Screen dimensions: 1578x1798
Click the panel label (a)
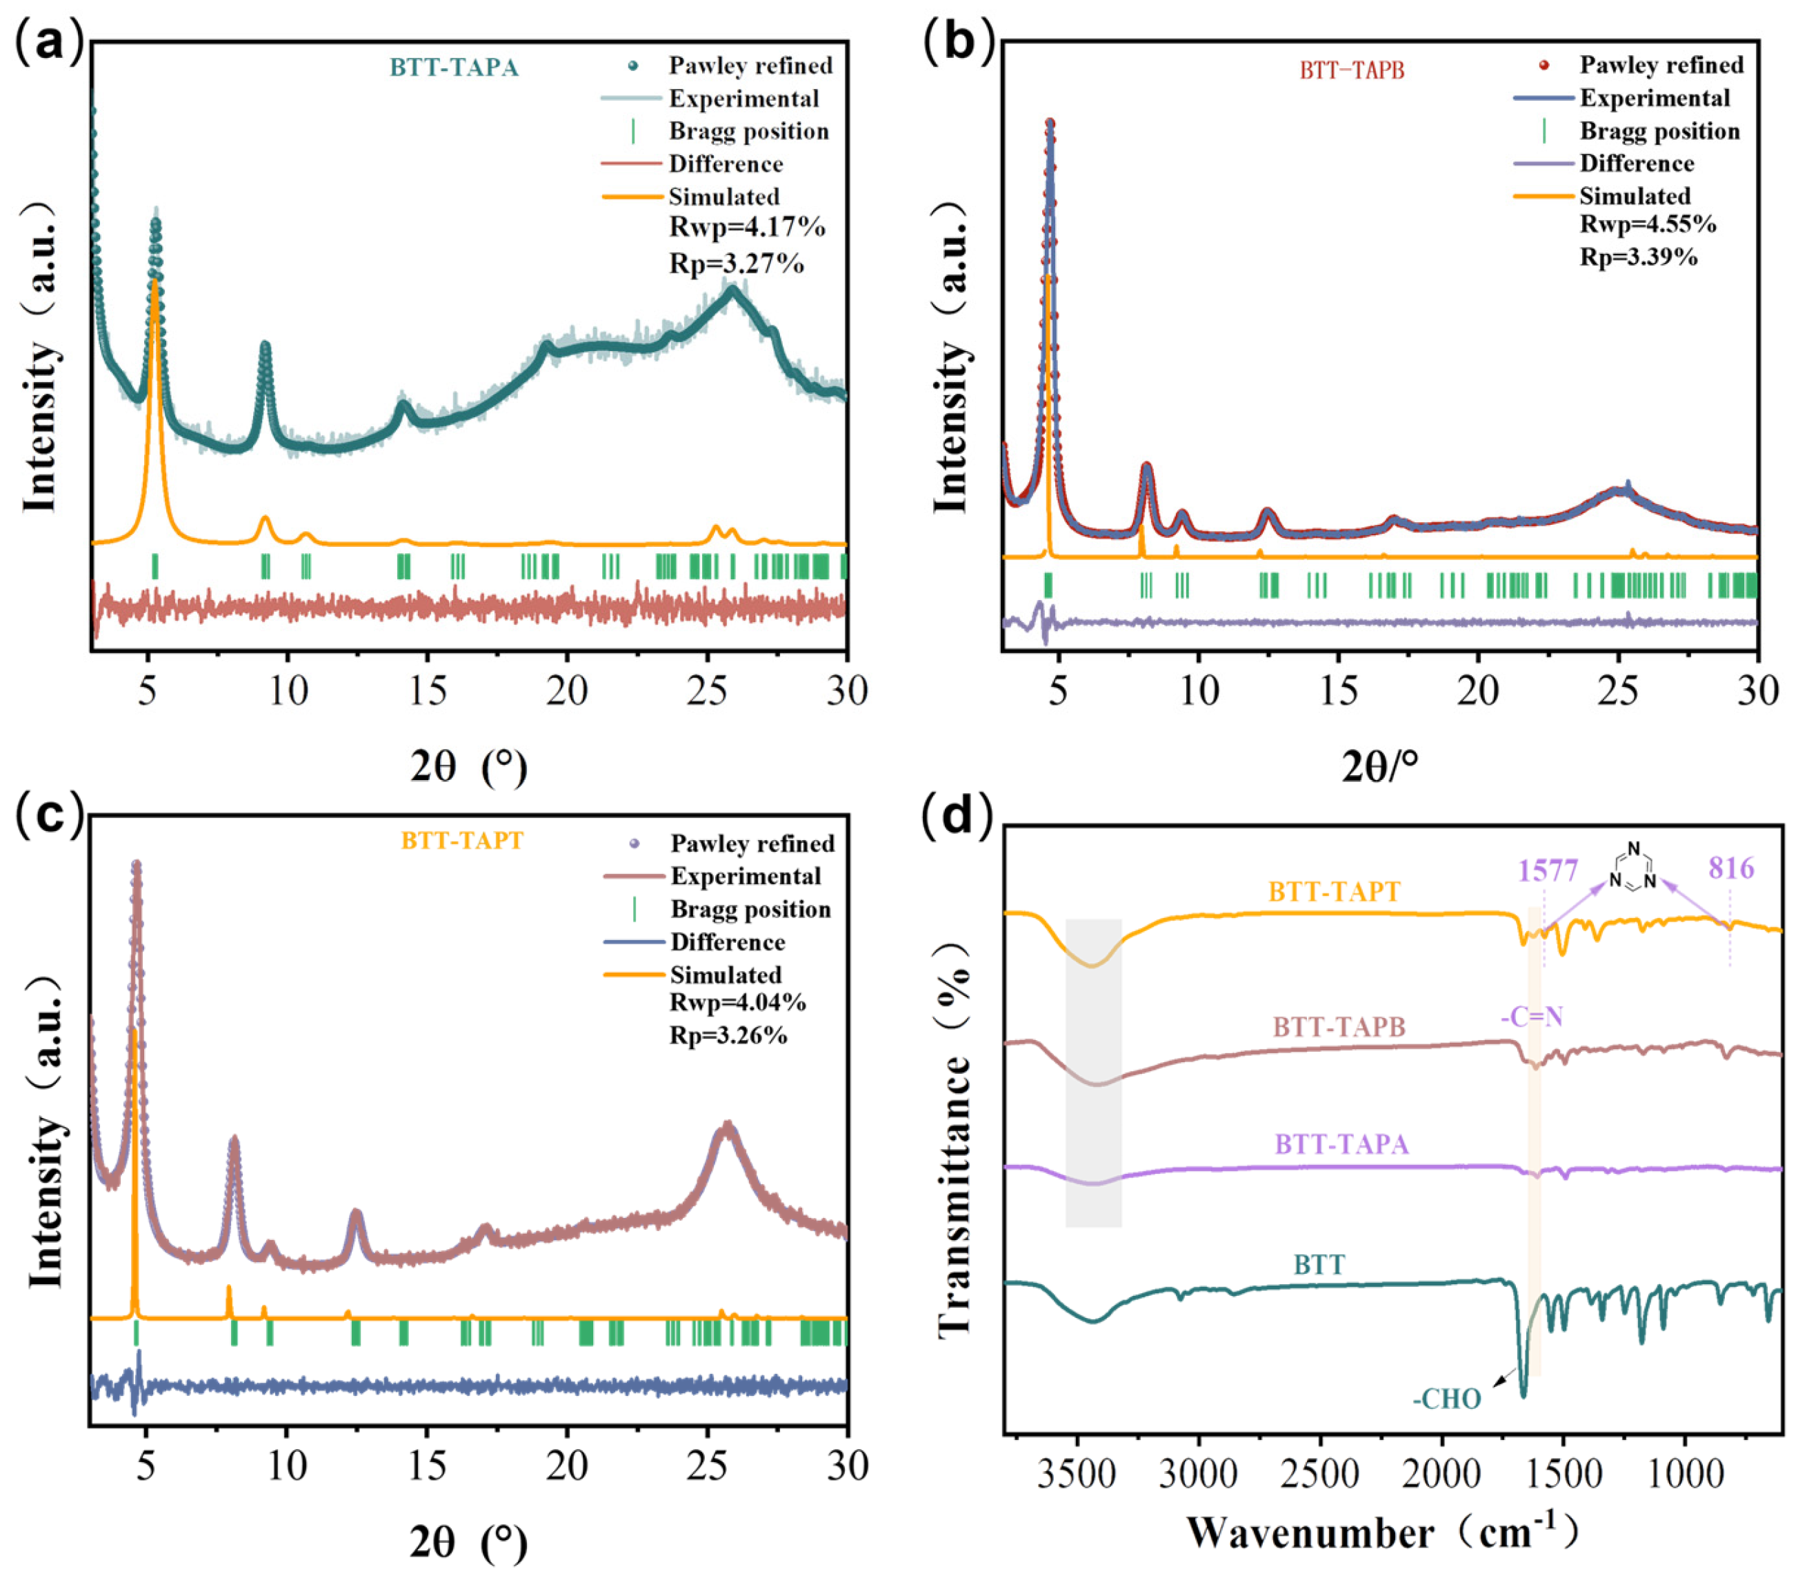click(50, 41)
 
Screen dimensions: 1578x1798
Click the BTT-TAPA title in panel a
click(454, 68)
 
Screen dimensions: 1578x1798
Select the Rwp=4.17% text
click(746, 228)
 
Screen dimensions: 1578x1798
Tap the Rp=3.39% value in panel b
click(1638, 257)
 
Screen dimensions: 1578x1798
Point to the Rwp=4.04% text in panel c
click(737, 1003)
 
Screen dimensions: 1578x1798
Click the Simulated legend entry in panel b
click(1635, 195)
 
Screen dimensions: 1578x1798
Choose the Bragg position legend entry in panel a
click(748, 131)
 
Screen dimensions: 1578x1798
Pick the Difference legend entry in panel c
click(727, 942)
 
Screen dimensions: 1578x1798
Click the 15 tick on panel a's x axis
click(428, 690)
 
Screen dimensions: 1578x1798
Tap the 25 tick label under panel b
click(1619, 690)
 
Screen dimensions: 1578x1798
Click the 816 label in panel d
click(1730, 869)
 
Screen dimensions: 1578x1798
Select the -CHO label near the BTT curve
click(1447, 1399)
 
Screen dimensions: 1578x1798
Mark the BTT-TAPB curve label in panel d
click(1339, 1026)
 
